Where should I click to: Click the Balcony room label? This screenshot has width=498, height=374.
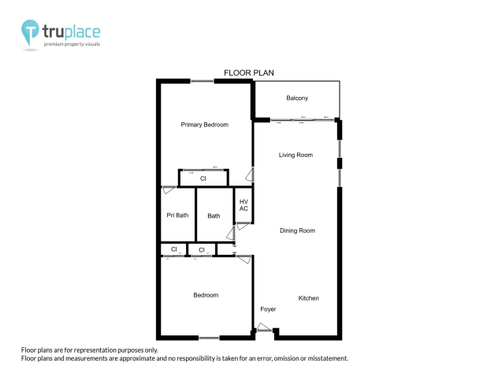(297, 98)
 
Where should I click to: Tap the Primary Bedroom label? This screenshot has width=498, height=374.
(204, 125)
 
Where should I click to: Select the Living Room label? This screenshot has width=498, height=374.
(295, 155)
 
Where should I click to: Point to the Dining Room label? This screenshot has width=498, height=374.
(297, 230)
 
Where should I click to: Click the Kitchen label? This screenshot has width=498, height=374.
(308, 298)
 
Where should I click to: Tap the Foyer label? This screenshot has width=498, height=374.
(268, 309)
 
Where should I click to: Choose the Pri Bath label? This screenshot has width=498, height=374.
(177, 215)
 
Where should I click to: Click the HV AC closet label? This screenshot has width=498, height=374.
(243, 205)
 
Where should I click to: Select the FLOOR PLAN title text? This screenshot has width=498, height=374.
(248, 73)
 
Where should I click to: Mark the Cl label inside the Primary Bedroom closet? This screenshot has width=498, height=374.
(203, 180)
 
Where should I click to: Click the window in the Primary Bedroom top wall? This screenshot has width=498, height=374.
(202, 80)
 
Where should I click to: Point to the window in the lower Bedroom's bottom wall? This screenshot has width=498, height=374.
(208, 338)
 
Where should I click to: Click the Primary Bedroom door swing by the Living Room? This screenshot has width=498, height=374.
(250, 175)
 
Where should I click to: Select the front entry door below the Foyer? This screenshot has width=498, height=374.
(265, 332)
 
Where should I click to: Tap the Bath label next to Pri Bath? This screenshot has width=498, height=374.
(214, 215)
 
